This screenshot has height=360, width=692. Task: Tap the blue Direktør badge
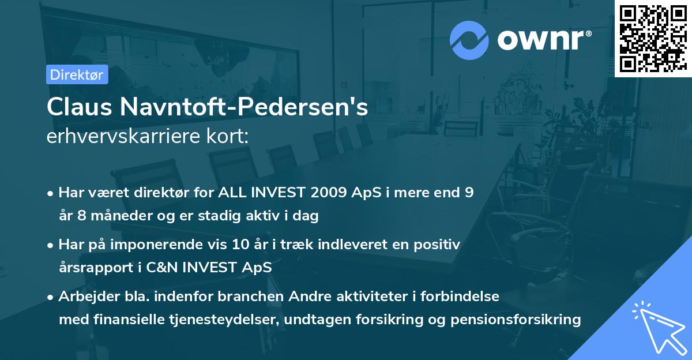77,75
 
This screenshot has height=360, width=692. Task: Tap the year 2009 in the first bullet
328,193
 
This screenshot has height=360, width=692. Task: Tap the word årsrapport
93,268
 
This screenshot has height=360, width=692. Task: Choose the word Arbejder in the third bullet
84,297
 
